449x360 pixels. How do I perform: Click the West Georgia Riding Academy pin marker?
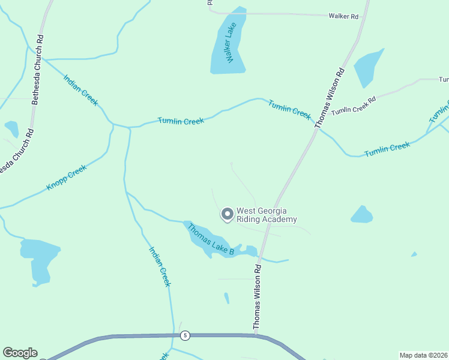pos(228,214)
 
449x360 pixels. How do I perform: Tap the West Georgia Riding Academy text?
pos(267,215)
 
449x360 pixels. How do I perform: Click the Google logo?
pos(20,353)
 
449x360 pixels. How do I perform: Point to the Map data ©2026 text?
pos(423,355)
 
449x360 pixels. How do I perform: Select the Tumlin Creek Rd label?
pos(353,106)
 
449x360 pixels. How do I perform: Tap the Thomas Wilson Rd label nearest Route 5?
pos(257,298)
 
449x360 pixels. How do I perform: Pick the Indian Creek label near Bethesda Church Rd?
pos(80,91)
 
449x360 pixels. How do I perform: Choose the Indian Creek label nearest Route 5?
pos(160,267)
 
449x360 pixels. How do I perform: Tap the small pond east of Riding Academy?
pos(361,214)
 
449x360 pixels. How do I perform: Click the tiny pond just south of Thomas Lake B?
pos(226,298)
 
